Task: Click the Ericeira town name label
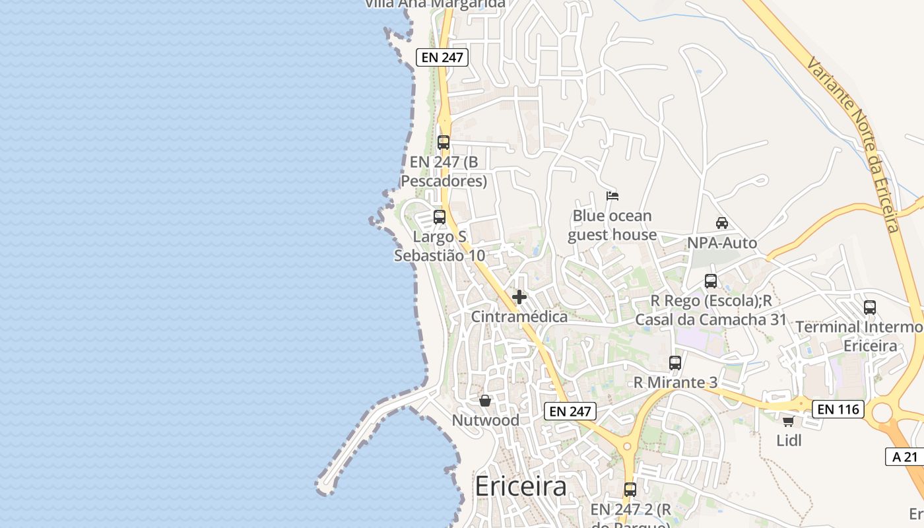[x=520, y=486]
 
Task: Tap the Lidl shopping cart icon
[x=788, y=421]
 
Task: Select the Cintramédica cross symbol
[x=519, y=297]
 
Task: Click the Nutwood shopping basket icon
[x=485, y=401]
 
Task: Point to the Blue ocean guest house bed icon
[x=612, y=196]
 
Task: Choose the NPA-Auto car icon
[x=722, y=223]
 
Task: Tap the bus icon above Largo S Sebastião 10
[x=440, y=216]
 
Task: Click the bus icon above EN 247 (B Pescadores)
[x=444, y=142]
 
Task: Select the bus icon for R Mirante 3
[x=675, y=362]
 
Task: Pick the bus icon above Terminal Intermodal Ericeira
[x=870, y=307]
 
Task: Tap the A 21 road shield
[x=904, y=457]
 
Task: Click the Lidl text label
[x=788, y=440]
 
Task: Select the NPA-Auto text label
[x=722, y=243]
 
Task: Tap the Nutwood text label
[x=485, y=420]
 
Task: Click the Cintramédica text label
[x=519, y=317]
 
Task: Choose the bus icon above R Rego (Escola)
[x=711, y=281]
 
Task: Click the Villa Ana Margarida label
[x=435, y=4]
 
